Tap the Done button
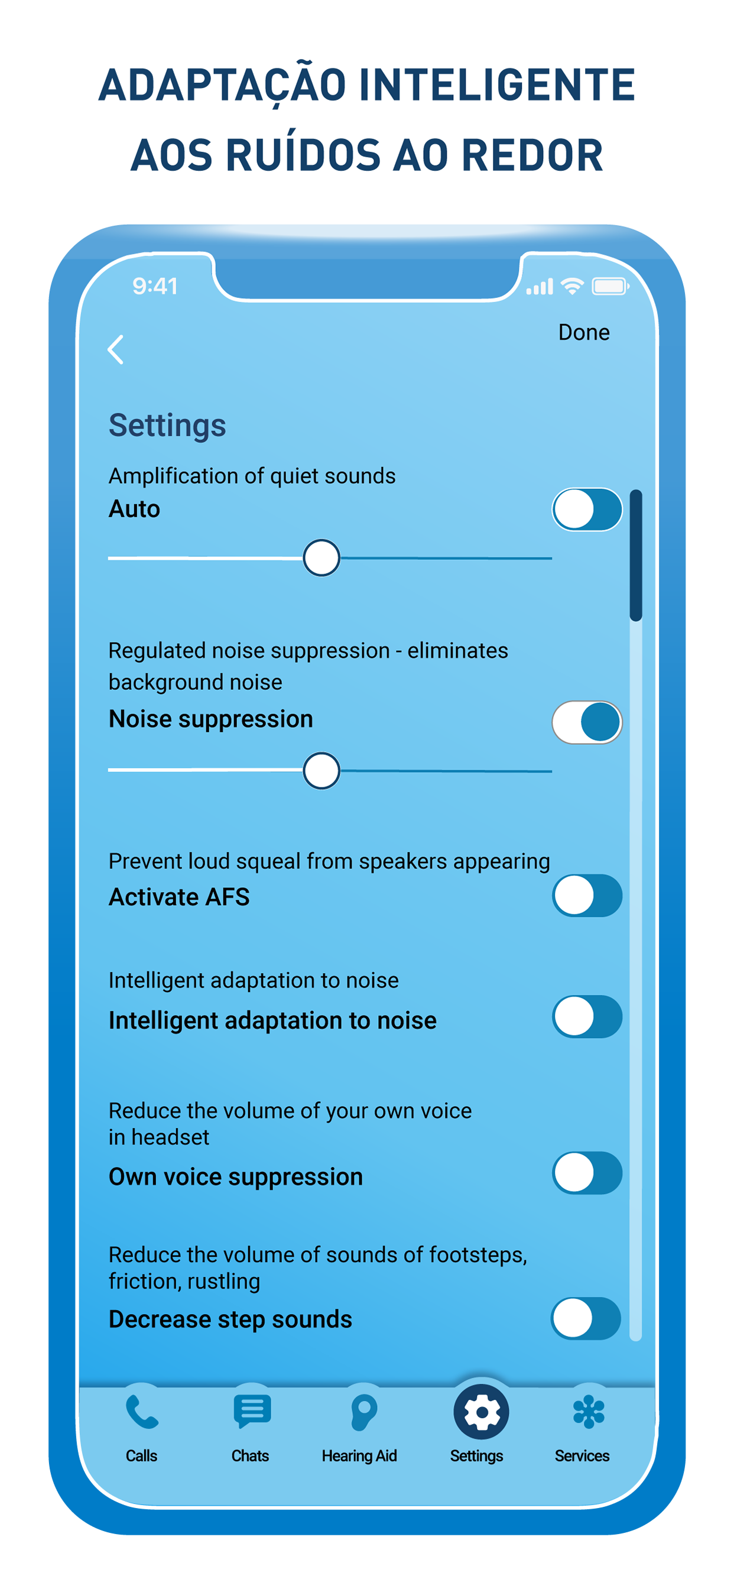pos(583,332)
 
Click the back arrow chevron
pos(115,350)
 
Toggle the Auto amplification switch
pos(587,510)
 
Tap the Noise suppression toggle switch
pos(587,722)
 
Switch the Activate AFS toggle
pos(587,896)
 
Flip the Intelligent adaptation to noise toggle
pos(587,1017)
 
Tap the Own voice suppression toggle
pos(587,1173)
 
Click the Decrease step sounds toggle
pos(585,1319)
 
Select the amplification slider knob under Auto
pos(321,557)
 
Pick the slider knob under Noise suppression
pos(321,770)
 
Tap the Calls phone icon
pos(142,1413)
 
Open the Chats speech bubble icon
pos(252,1411)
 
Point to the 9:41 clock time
pos(155,286)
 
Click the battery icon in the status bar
pos(610,286)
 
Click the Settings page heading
pos(167,426)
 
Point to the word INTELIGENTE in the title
pos(496,85)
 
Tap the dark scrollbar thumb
pos(636,555)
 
